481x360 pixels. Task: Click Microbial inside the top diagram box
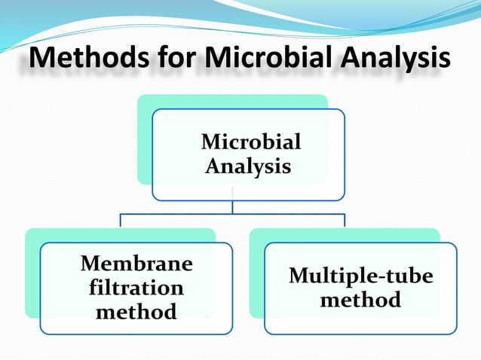click(251, 142)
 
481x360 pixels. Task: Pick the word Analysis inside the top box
click(248, 165)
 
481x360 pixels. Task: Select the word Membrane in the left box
click(136, 264)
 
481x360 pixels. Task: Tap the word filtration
click(136, 287)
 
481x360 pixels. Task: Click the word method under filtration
click(136, 310)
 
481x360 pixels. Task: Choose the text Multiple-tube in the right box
click(360, 276)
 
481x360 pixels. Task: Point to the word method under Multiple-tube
click(360, 300)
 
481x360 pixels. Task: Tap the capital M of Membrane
click(90, 264)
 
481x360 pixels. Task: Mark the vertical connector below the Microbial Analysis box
click(233, 207)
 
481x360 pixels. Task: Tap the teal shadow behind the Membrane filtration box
click(32, 271)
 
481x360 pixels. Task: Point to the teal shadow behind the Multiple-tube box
click(256, 271)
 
